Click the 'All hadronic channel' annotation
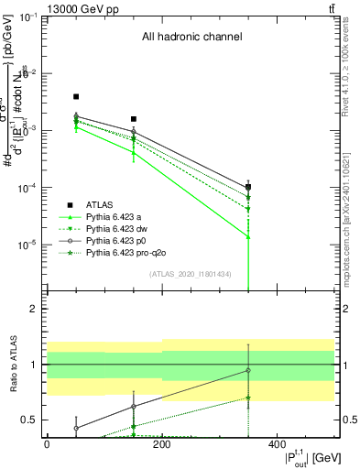coord(191,38)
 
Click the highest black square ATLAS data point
coord(76,96)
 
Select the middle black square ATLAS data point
coord(134,119)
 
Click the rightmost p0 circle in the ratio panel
coord(248,370)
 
